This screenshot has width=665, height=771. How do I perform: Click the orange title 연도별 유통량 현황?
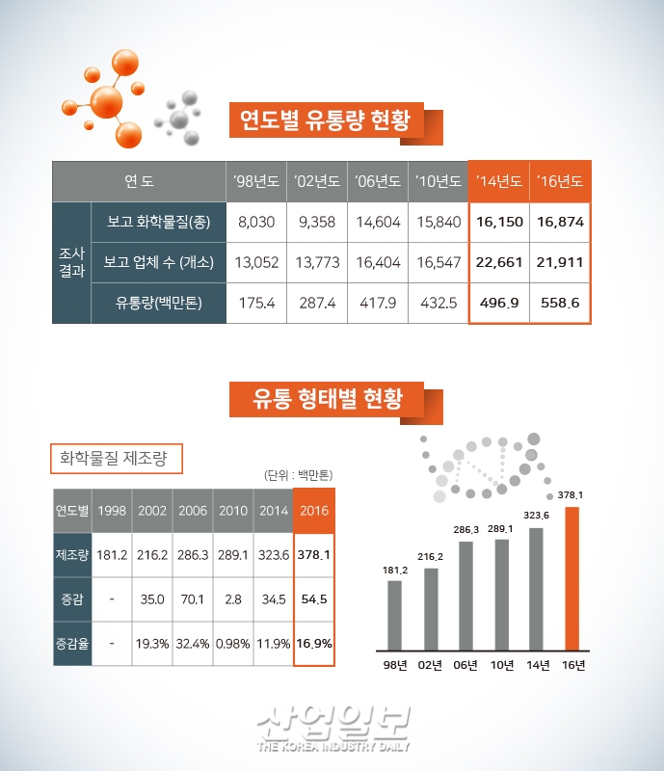325,121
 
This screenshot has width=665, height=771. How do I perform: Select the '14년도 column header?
499,181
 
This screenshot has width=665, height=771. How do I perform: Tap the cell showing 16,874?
560,222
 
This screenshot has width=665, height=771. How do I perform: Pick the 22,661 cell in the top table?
499,262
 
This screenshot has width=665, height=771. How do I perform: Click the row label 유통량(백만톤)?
158,303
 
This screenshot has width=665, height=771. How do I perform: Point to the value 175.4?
256,303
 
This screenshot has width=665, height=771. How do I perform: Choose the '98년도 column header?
256,181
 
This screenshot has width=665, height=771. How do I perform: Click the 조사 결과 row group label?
71,262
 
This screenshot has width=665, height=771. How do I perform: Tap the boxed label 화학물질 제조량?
115,459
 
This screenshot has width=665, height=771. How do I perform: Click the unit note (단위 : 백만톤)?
298,475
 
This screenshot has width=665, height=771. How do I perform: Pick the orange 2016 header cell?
313,510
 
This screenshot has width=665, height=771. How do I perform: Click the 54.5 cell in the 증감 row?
313,599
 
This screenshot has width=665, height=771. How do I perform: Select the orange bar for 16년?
573,578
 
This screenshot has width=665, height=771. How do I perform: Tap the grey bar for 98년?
394,615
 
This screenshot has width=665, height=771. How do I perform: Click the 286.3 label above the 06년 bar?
465,530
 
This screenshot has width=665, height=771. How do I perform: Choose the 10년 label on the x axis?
501,665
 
